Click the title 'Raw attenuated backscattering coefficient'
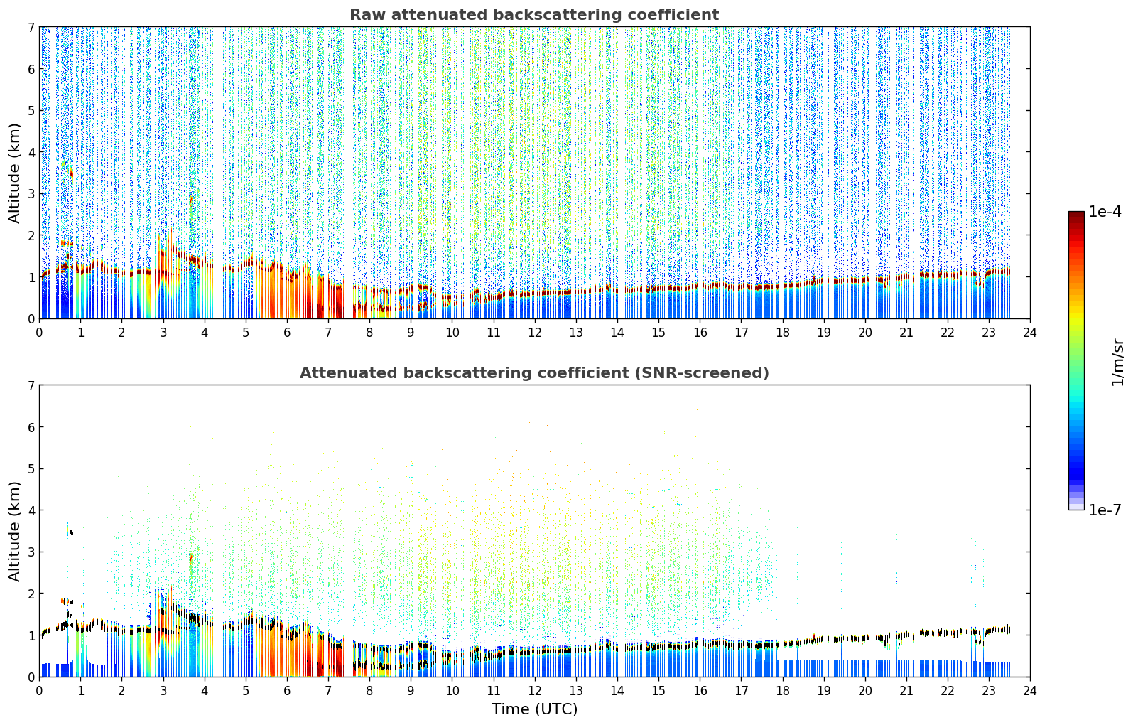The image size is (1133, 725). tap(534, 15)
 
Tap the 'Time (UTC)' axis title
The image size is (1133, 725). tap(534, 709)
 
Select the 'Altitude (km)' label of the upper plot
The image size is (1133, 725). tap(14, 173)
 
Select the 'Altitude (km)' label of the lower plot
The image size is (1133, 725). tap(14, 531)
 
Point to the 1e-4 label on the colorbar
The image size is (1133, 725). tap(1104, 212)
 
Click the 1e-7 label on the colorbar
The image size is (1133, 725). tap(1104, 510)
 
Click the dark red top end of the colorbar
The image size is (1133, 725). tap(1076, 215)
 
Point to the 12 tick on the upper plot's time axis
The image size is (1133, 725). tap(535, 333)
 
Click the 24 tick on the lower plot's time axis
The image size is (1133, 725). tap(1030, 690)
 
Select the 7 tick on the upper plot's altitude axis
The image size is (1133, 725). tap(31, 27)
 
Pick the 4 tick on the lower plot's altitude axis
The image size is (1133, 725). tap(31, 510)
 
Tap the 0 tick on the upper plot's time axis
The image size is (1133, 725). tap(40, 333)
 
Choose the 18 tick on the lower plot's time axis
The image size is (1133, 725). tap(783, 690)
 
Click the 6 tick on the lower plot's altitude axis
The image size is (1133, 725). tap(31, 427)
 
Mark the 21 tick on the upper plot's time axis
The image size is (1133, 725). tap(906, 333)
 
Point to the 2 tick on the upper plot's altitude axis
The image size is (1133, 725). tap(31, 235)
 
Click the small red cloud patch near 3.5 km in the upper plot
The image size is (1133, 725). tap(72, 174)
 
